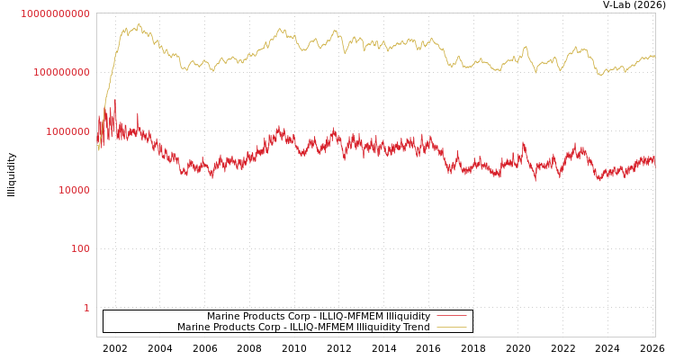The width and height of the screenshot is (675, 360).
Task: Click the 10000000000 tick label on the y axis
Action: pos(56,13)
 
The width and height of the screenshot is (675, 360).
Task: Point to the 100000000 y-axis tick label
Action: pos(61,72)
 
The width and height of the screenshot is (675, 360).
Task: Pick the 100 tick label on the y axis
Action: pos(81,248)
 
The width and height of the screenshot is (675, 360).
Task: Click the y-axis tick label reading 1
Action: pos(86,308)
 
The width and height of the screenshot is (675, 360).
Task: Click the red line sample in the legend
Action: pos(452,316)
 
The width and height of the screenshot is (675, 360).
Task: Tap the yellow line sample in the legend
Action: pos(452,327)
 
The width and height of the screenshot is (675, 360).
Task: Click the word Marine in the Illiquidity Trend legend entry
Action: pos(193,327)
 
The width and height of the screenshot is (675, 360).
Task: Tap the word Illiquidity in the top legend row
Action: pos(408,316)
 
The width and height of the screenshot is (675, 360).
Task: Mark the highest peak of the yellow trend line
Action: pos(138,24)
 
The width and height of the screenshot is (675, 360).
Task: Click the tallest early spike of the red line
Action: pos(114,100)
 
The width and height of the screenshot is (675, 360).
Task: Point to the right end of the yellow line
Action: pos(654,57)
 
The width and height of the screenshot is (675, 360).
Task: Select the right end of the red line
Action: pos(654,165)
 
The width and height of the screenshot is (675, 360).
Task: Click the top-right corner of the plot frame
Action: pos(655,13)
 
